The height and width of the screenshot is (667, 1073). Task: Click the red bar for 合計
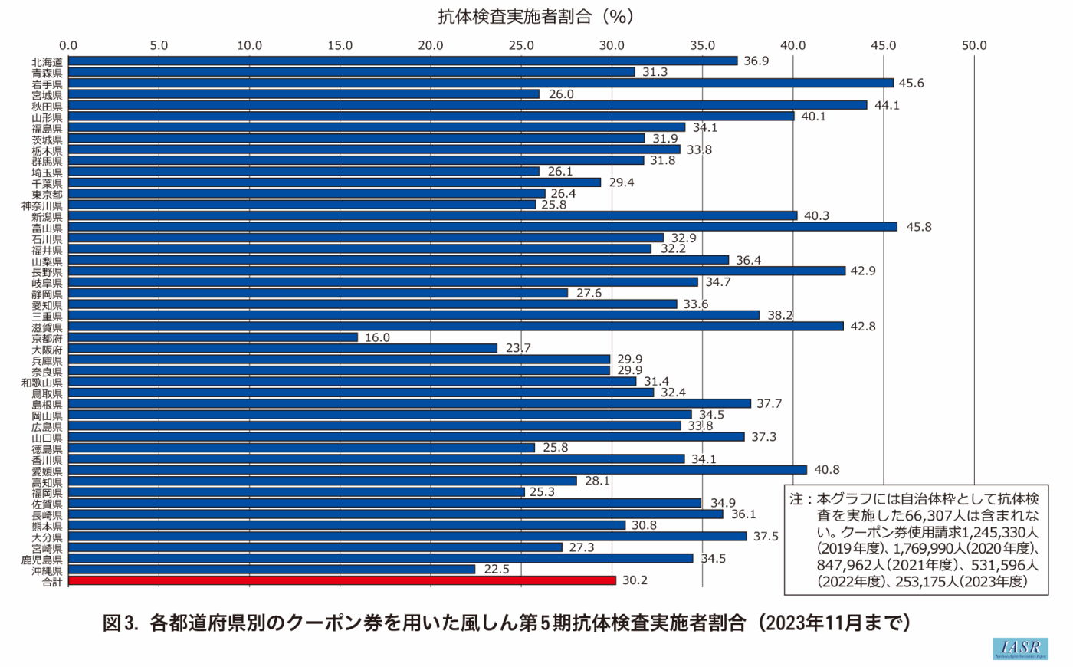tap(342, 580)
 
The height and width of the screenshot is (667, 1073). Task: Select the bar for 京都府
tap(213, 337)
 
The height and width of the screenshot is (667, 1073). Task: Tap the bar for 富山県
tap(483, 227)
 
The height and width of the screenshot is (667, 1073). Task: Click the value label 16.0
tap(377, 338)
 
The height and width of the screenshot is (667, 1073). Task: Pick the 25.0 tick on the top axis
tap(521, 46)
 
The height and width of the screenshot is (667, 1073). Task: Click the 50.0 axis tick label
tap(974, 46)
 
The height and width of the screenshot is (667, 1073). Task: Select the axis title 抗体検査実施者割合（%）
tap(536, 17)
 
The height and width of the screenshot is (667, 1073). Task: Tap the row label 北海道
tap(47, 61)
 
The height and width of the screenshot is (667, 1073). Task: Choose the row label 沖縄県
tap(47, 571)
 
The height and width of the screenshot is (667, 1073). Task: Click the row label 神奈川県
tap(42, 205)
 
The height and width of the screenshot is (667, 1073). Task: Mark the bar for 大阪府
tap(283, 348)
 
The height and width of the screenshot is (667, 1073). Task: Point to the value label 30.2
tap(635, 580)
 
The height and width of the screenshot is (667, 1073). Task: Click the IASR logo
tap(1019, 649)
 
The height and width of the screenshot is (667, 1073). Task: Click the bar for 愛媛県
tap(438, 470)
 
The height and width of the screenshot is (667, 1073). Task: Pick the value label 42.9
tap(863, 271)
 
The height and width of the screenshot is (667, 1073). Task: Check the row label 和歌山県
tap(42, 382)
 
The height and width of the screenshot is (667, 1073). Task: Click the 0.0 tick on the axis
tap(68, 46)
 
